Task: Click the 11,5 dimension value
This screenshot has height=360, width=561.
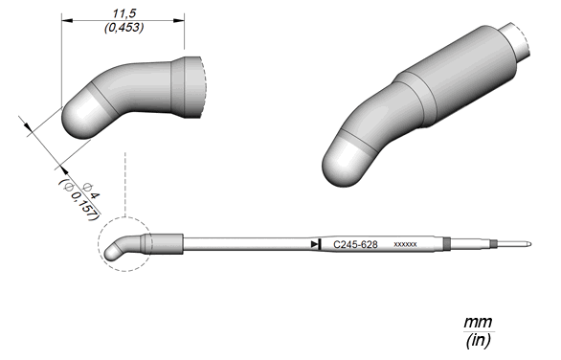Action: click(x=124, y=13)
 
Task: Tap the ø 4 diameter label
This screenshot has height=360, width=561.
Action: click(x=91, y=191)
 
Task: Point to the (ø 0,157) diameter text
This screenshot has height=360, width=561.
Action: click(x=79, y=200)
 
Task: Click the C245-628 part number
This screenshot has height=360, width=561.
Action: click(x=355, y=244)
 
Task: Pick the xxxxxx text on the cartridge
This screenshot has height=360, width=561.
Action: click(x=405, y=244)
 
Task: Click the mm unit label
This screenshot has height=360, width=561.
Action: click(x=478, y=322)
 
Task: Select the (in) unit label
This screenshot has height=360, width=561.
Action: click(x=478, y=340)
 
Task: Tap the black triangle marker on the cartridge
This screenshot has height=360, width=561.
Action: click(x=315, y=244)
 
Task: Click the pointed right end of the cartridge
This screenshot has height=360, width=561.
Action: click(x=531, y=244)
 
